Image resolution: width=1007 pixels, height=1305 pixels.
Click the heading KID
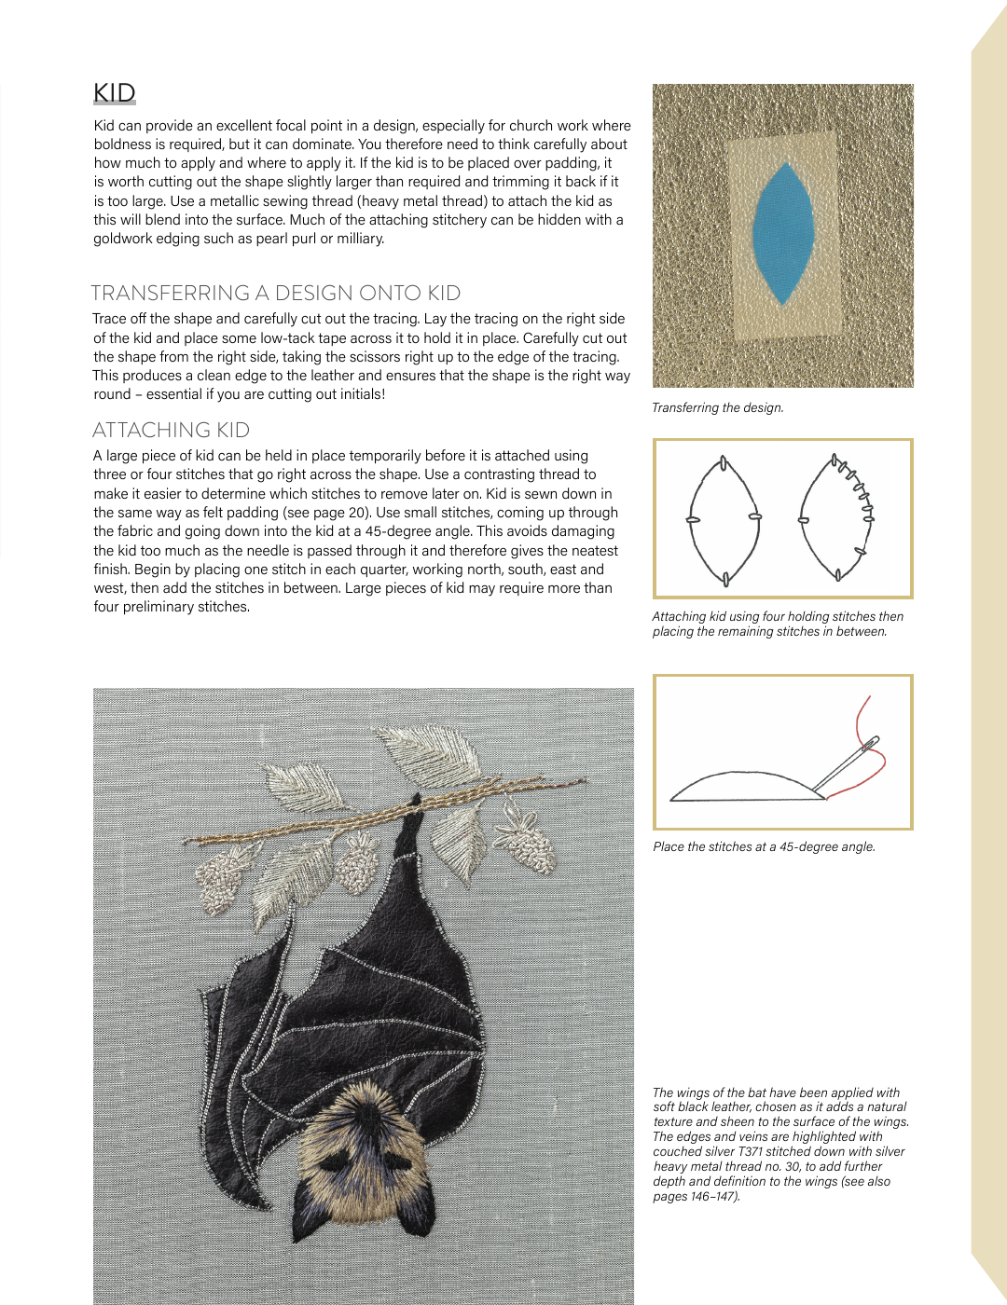[115, 93]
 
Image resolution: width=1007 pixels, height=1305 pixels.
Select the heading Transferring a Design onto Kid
[276, 293]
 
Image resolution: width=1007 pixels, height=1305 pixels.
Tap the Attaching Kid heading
[171, 430]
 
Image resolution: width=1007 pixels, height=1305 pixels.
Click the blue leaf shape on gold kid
[783, 234]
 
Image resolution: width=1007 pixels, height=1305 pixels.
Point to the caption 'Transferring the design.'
[717, 407]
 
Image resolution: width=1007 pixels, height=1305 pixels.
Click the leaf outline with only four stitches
[724, 519]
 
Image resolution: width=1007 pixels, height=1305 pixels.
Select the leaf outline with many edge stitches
[837, 518]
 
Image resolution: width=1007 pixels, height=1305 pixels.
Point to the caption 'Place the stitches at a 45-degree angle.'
[764, 846]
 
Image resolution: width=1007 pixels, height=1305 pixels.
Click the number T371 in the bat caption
[749, 1151]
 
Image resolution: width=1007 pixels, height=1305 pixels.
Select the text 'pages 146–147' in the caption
[695, 1196]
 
